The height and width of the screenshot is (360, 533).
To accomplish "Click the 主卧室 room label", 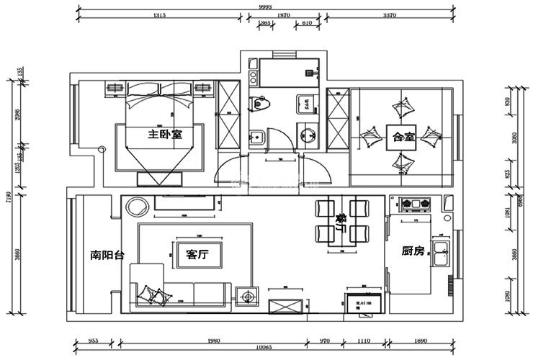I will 165,135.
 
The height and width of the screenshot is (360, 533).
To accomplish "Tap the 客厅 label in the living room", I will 197,253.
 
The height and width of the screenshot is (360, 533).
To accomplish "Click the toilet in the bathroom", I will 259,105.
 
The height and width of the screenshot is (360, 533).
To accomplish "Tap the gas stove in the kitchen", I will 413,204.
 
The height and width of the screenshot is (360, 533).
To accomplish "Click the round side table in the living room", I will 136,209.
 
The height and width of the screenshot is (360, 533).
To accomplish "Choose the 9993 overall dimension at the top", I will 266,5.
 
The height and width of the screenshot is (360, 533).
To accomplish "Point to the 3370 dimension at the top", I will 390,15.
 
